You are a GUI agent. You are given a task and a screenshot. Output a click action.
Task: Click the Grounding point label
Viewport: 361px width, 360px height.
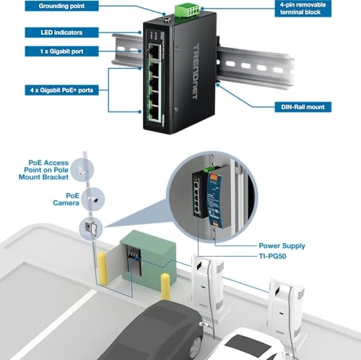pos(61,6)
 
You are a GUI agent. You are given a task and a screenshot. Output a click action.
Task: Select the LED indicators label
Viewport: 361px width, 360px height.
pos(61,33)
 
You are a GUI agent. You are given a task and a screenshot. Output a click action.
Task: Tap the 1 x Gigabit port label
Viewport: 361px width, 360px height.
pos(61,51)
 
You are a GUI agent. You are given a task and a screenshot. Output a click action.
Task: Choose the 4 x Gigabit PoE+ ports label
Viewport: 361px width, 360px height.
pos(61,90)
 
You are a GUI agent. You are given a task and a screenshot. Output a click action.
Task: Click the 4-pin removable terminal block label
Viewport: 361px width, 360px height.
pos(303,9)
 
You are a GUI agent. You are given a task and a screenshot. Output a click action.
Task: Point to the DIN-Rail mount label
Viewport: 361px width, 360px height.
pos(303,107)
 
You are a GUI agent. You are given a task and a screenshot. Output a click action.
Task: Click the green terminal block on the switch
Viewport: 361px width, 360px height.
pos(187,10)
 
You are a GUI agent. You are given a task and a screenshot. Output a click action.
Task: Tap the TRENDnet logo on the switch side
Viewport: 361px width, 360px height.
pos(196,72)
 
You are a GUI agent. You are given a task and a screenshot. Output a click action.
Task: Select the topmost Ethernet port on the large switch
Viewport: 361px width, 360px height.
pos(155,51)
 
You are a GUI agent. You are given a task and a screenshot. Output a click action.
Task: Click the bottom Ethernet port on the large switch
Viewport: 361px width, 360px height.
pos(155,113)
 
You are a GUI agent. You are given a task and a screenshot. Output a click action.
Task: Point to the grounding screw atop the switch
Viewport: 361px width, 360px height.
pos(167,20)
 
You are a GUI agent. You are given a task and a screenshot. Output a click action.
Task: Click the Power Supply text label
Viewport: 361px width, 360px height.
pos(282,246)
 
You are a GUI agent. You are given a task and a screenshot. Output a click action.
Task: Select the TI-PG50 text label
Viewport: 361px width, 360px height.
pos(272,256)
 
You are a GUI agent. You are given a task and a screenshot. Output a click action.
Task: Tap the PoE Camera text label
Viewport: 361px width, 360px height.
pos(66,200)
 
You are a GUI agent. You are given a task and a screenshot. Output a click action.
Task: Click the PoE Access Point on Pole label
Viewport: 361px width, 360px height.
pos(43,170)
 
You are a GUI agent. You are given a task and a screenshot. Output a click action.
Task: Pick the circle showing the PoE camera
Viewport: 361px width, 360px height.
pos(93,200)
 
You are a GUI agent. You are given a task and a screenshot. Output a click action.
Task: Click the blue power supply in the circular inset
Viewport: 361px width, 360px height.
pos(214,199)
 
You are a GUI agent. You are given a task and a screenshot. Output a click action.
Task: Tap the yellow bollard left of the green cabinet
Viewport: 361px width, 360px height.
pos(103,268)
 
